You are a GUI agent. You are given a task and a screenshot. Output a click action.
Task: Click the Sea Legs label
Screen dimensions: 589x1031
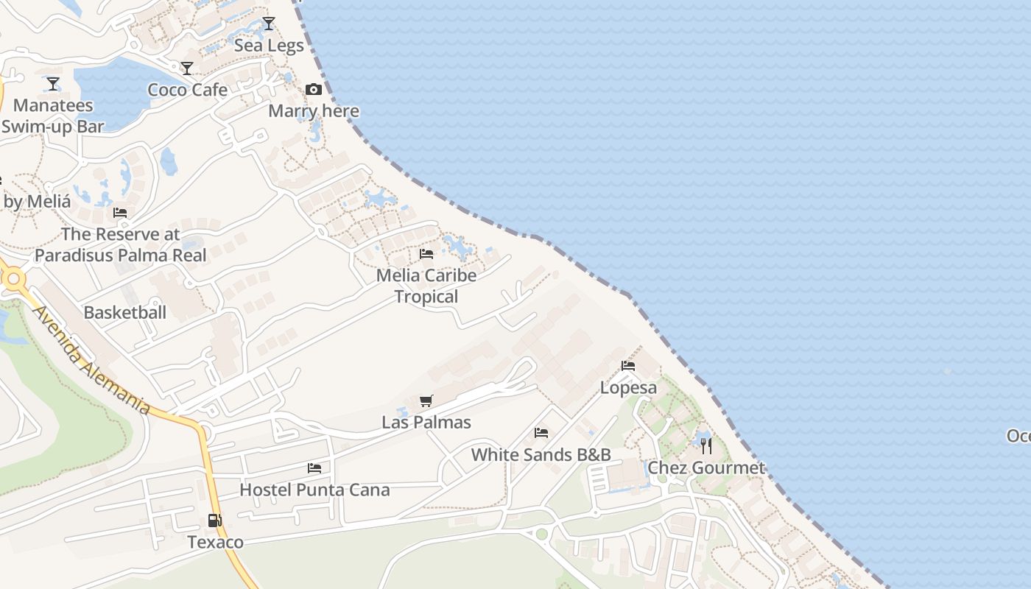click(x=269, y=46)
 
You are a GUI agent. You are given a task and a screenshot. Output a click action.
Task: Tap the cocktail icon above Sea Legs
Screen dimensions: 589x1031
click(x=269, y=24)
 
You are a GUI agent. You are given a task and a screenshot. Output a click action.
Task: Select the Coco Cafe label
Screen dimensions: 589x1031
click(x=187, y=90)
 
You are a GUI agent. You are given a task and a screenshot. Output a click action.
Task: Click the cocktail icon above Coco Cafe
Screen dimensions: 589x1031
click(x=187, y=68)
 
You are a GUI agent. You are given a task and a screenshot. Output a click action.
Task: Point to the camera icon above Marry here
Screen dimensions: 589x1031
click(x=314, y=90)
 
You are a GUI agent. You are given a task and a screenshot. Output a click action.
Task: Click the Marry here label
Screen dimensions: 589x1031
click(x=314, y=111)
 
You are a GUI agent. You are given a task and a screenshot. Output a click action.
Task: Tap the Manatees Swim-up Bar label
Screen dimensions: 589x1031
click(x=52, y=116)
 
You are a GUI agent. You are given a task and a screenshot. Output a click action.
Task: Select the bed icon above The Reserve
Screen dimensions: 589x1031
click(x=120, y=213)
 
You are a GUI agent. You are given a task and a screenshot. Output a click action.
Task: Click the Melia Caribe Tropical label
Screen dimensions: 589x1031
click(x=426, y=286)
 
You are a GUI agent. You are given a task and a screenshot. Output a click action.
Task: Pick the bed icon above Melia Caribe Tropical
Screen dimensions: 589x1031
click(x=426, y=254)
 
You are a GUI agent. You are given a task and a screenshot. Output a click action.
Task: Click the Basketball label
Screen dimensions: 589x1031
click(x=124, y=312)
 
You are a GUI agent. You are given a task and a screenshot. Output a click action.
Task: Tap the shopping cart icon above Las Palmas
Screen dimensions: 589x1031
click(x=426, y=401)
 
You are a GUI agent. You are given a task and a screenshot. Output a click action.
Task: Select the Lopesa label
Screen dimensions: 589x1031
click(x=628, y=388)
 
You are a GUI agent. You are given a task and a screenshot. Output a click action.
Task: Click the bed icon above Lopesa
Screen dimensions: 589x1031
click(x=628, y=366)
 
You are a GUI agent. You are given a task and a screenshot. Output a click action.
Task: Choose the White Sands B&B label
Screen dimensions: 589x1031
click(x=541, y=455)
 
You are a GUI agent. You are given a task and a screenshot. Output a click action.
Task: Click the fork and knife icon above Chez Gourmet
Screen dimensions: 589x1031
click(x=706, y=445)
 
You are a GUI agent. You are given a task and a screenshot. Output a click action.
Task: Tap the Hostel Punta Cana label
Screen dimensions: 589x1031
click(x=314, y=490)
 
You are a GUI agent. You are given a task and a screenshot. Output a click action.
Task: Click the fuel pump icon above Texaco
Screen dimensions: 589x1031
click(x=215, y=521)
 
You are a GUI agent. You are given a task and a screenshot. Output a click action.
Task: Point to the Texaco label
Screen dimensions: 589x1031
click(x=215, y=543)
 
